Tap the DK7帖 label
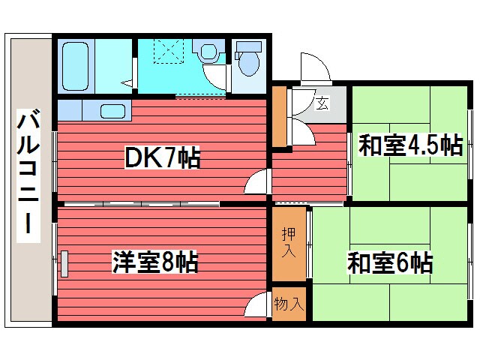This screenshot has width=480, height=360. pos(162,158)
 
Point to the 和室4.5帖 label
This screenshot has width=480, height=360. pos(409,144)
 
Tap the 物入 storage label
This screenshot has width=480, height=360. pos(289,304)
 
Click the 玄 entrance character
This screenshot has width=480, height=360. pos(322,103)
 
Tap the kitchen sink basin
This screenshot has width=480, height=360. pos(113,112)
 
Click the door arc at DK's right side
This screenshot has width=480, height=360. pos(256,180)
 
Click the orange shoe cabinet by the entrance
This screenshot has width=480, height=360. pos(279,117)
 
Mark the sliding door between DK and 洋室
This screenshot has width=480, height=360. pos(142,204)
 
